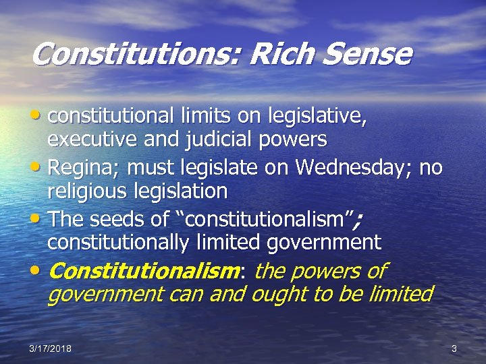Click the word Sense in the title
coord(368,54)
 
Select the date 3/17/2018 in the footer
coord(51,348)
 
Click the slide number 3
coord(454,348)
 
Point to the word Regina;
coord(87,166)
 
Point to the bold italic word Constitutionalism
coord(144,270)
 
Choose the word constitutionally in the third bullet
coord(120,241)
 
